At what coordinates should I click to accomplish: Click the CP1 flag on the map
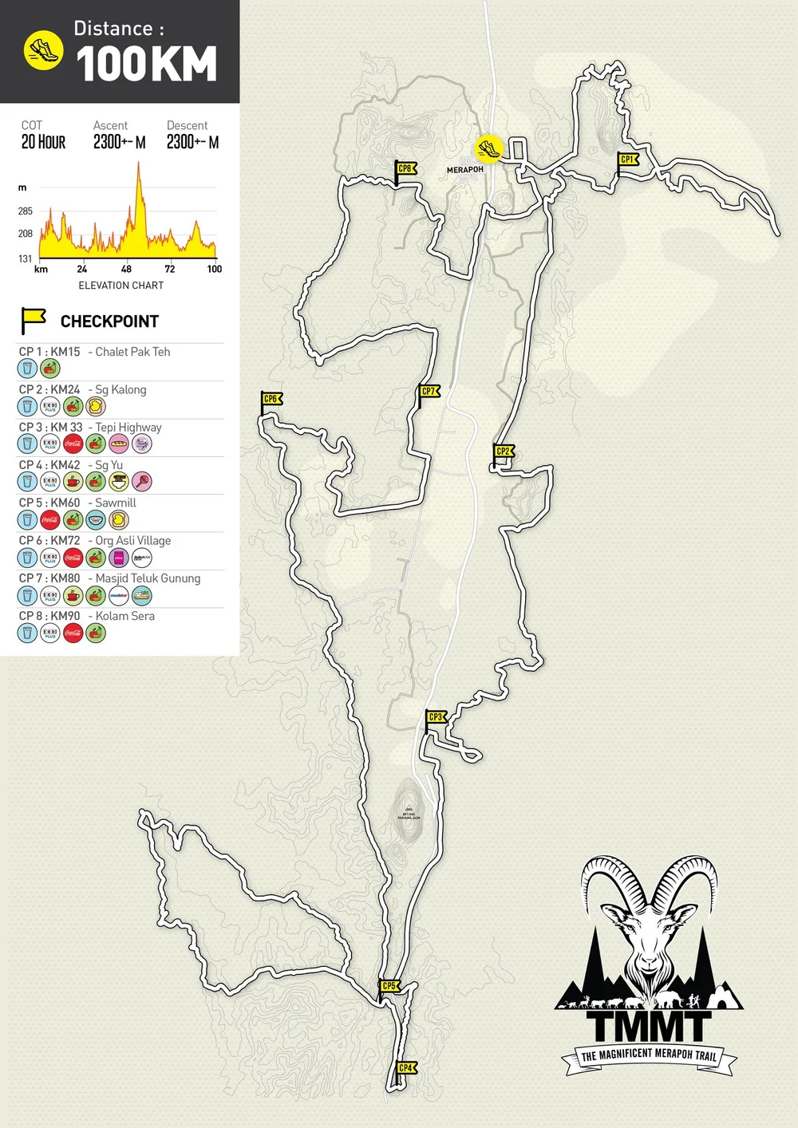(x=629, y=160)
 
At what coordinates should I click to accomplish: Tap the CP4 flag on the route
(x=406, y=1068)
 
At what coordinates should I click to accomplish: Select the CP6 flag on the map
(x=271, y=400)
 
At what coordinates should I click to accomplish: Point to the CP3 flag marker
(x=435, y=717)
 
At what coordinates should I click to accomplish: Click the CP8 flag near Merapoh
(x=405, y=169)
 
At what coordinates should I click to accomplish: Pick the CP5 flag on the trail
(x=389, y=986)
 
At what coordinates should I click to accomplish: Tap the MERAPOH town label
(x=464, y=170)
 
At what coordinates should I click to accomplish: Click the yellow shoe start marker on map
(x=488, y=148)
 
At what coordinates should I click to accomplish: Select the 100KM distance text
(x=147, y=65)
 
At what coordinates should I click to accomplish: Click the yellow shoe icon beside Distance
(x=43, y=51)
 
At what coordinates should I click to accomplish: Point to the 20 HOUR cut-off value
(x=43, y=142)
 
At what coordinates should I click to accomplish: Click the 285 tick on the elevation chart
(x=26, y=211)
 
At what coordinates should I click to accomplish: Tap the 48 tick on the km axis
(x=126, y=269)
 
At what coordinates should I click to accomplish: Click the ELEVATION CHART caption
(x=120, y=286)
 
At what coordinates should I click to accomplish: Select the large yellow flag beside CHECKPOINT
(x=33, y=320)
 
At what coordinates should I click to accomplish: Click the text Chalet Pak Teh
(x=132, y=352)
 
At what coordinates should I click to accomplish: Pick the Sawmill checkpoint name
(x=116, y=503)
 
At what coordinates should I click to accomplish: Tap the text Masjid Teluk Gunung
(x=148, y=578)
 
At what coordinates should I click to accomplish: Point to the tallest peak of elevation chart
(x=138, y=164)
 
